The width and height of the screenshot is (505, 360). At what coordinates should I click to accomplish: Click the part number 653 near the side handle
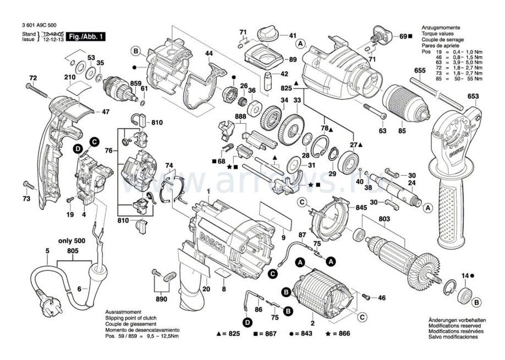pyautogui.click(x=473, y=97)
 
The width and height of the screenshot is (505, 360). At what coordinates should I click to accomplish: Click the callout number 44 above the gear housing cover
pyautogui.click(x=208, y=53)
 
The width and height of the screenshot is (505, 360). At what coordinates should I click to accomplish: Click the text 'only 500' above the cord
pyautogui.click(x=73, y=241)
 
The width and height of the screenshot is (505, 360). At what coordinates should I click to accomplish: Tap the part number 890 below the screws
pyautogui.click(x=161, y=300)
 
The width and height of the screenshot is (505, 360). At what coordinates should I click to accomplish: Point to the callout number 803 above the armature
pyautogui.click(x=385, y=219)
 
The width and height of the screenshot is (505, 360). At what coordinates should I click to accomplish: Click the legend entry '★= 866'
pyautogui.click(x=338, y=334)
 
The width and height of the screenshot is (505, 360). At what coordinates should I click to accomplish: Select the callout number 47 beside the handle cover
pyautogui.click(x=106, y=112)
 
